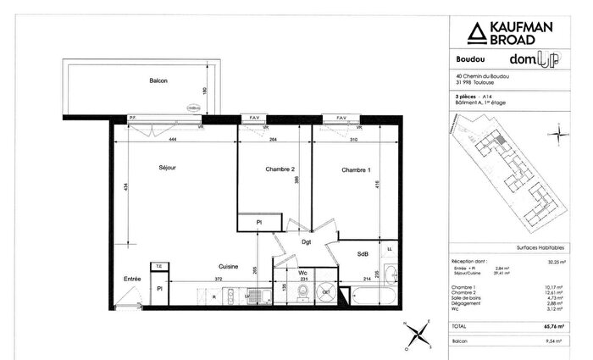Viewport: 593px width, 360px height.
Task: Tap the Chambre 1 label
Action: pyautogui.click(x=355, y=170)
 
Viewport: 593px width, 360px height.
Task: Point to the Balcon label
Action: pyautogui.click(x=158, y=81)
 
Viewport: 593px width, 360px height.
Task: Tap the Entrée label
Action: pyautogui.click(x=132, y=279)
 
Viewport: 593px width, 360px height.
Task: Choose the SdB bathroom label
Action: pyautogui.click(x=362, y=253)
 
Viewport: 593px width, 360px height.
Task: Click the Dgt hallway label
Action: pyautogui.click(x=307, y=243)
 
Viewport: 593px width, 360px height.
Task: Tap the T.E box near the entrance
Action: pyautogui.click(x=158, y=267)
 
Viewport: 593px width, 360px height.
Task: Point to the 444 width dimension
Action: pyautogui.click(x=172, y=138)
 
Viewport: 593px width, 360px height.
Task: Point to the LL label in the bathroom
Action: pyautogui.click(x=389, y=250)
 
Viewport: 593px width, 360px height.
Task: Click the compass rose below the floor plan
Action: pyautogui.click(x=418, y=332)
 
